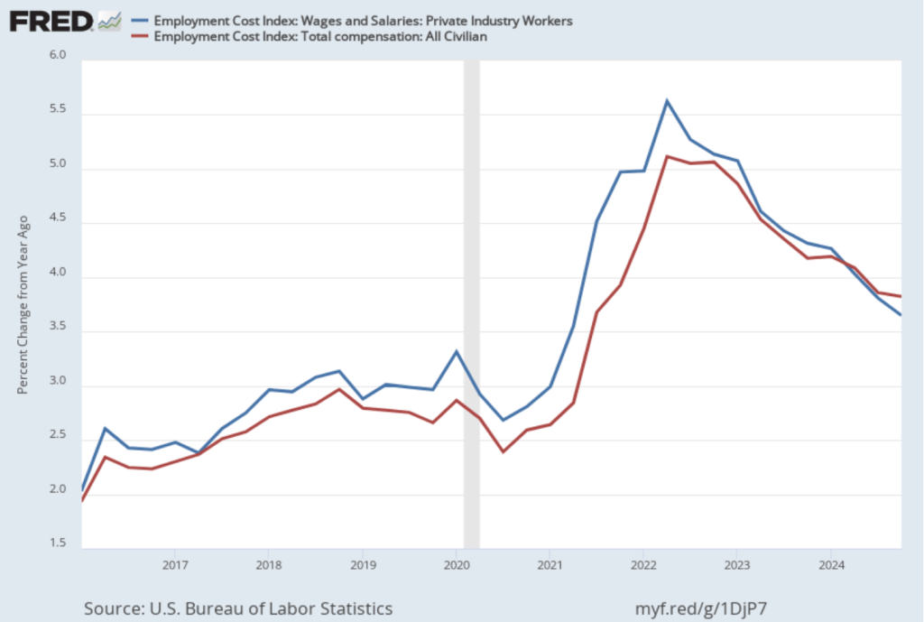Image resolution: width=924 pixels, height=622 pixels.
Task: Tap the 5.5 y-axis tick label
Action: tap(58, 115)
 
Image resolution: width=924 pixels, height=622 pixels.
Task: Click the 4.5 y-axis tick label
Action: tap(58, 223)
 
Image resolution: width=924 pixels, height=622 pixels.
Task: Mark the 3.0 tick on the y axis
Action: tap(58, 386)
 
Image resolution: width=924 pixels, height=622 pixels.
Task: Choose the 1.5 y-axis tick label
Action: tap(58, 543)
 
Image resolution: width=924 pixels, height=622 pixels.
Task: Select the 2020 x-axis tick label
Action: tap(456, 565)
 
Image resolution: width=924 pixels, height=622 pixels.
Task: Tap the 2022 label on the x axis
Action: tap(642, 565)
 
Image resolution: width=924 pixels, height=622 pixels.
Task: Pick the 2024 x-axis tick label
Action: tap(830, 565)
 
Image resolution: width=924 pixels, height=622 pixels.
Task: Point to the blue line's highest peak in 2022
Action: tap(667, 100)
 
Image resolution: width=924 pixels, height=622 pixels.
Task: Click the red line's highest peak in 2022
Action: tap(667, 156)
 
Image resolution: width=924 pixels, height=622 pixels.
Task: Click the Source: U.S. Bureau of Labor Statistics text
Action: tap(238, 608)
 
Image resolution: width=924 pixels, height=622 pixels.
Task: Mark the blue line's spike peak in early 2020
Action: tap(457, 351)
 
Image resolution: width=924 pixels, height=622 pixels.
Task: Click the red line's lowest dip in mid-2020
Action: tap(503, 451)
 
